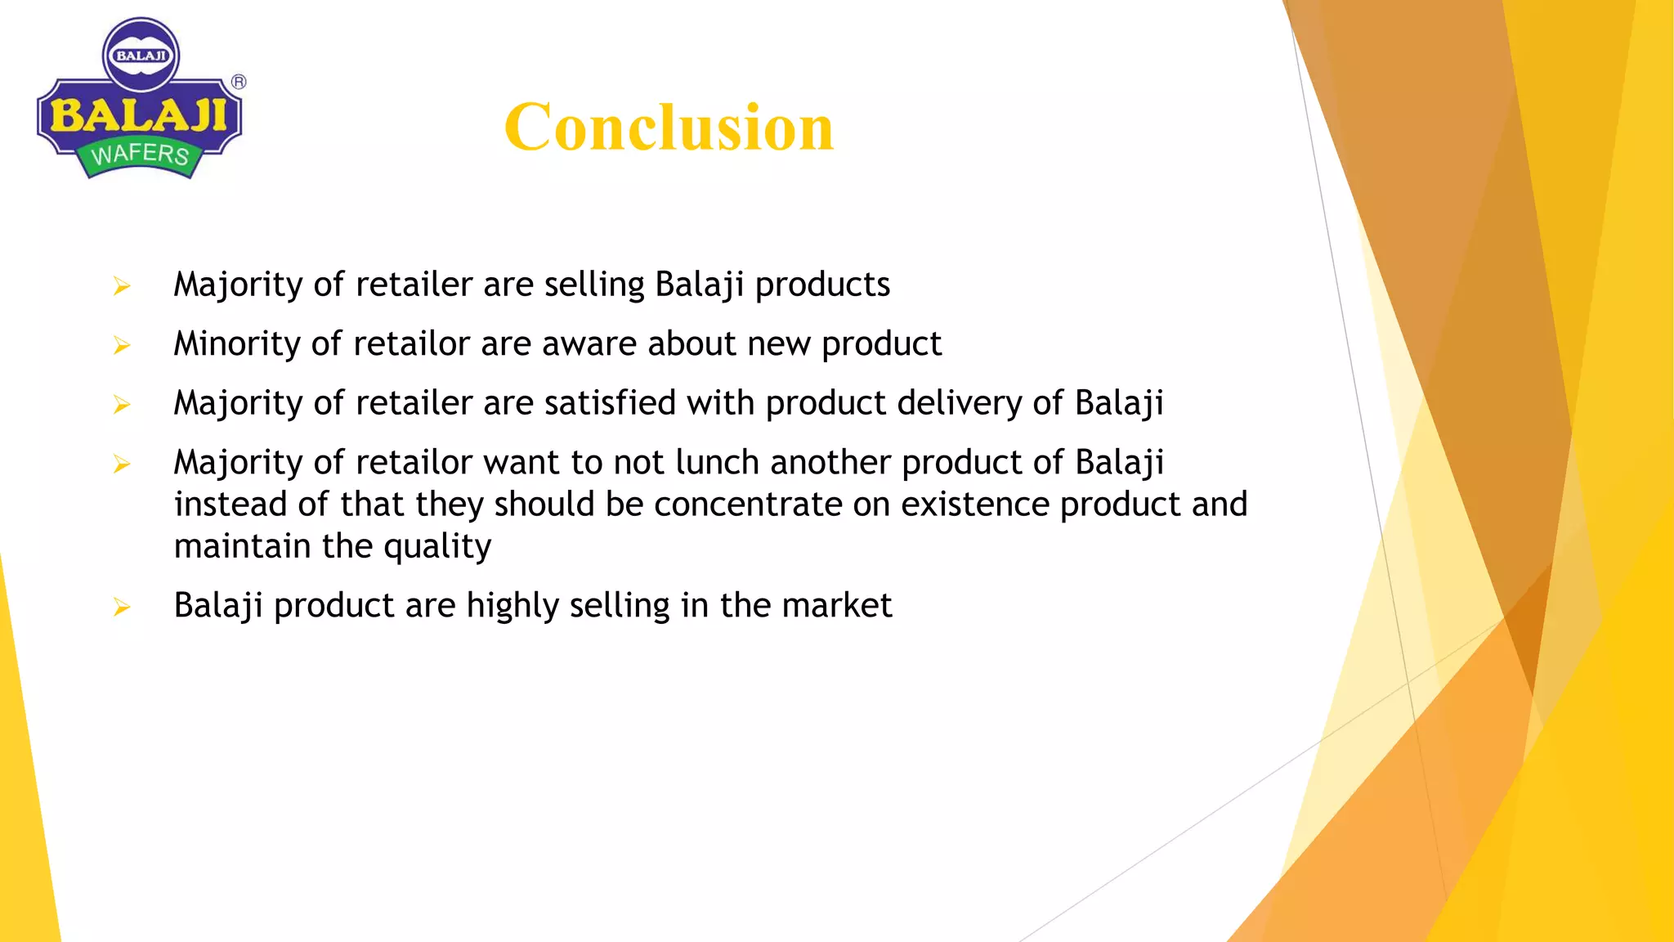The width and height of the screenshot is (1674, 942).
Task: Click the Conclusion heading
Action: point(669,128)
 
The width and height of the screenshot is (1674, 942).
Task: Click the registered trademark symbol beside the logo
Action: point(239,82)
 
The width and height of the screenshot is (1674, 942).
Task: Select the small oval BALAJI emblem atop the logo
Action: point(141,56)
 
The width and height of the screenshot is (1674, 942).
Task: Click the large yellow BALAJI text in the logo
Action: point(139,115)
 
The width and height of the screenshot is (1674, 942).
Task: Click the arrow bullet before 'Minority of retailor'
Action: point(122,346)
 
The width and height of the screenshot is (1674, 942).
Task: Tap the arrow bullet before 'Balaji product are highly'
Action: point(122,608)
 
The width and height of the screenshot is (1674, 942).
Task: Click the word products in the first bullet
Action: point(822,285)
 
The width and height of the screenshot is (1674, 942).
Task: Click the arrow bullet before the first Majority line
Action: point(122,286)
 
